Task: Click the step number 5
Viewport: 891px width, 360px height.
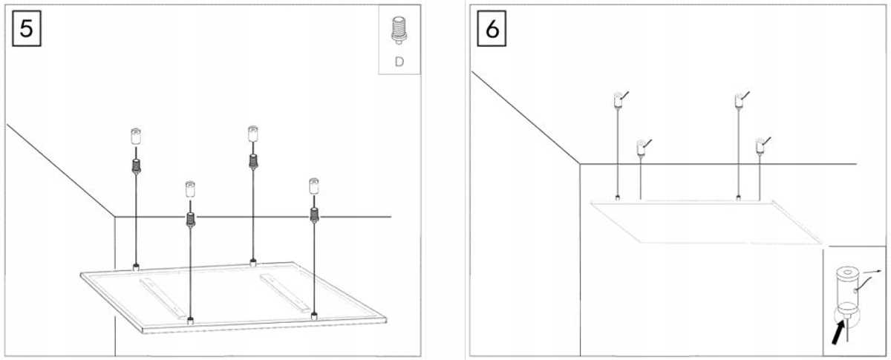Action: (x=26, y=29)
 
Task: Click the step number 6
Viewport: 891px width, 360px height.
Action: (x=492, y=29)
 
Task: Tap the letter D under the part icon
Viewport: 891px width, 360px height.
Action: (x=399, y=62)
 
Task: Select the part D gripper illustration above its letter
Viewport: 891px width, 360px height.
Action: (x=399, y=30)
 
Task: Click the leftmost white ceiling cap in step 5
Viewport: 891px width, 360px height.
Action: (x=136, y=137)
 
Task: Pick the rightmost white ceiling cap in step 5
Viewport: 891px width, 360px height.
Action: (x=314, y=186)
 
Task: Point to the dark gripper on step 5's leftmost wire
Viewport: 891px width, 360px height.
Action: (x=136, y=166)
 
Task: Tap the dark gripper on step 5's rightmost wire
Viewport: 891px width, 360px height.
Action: (x=314, y=215)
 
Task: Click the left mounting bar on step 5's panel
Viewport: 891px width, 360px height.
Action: (x=163, y=298)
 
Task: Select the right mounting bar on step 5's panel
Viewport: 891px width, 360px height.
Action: (x=285, y=293)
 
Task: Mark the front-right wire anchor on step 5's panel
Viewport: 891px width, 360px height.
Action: (x=314, y=317)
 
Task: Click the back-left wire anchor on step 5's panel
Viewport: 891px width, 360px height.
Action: (x=136, y=266)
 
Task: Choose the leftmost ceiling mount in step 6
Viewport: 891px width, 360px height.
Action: (x=618, y=99)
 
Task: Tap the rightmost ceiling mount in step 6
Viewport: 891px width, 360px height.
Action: (x=760, y=146)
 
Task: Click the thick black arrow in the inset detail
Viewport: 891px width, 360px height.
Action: (x=838, y=333)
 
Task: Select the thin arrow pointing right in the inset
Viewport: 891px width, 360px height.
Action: (x=871, y=272)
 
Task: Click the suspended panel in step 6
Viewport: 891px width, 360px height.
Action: (x=706, y=221)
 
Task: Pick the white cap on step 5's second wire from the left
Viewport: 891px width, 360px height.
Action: (x=190, y=189)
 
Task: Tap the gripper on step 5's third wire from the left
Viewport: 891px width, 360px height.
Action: (x=252, y=162)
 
